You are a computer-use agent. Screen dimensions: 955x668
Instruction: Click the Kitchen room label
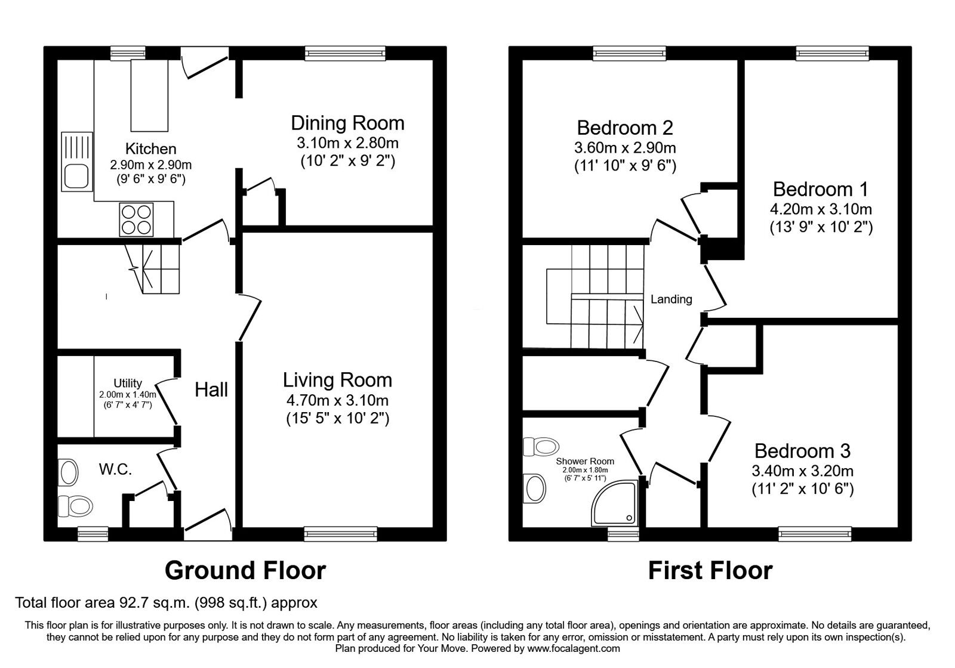click(x=150, y=149)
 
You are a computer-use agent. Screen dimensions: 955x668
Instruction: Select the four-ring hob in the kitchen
click(x=137, y=220)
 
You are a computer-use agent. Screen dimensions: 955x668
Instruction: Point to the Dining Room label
click(x=347, y=123)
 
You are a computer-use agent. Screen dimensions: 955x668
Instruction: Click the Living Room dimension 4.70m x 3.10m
click(x=337, y=400)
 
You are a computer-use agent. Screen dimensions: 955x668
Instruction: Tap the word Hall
click(x=211, y=389)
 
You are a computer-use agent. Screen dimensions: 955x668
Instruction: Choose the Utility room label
click(x=128, y=383)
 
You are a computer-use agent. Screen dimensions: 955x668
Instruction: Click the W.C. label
click(x=115, y=469)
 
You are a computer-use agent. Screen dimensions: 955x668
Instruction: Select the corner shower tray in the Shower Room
click(x=614, y=503)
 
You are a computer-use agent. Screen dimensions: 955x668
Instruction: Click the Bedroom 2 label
click(x=625, y=128)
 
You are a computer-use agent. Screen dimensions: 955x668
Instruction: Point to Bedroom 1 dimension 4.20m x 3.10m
click(x=821, y=209)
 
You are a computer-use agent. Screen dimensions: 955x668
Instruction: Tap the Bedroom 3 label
click(x=802, y=451)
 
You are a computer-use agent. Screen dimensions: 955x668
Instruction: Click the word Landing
click(x=671, y=299)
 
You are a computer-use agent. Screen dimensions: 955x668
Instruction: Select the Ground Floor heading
click(x=245, y=571)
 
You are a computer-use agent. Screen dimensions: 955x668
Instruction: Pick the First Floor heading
click(x=710, y=571)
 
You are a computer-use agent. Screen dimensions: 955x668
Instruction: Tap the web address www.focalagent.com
click(x=574, y=649)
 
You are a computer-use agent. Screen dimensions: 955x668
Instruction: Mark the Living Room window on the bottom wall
click(x=341, y=533)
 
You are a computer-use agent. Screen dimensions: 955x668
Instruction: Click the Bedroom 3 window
click(x=815, y=533)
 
